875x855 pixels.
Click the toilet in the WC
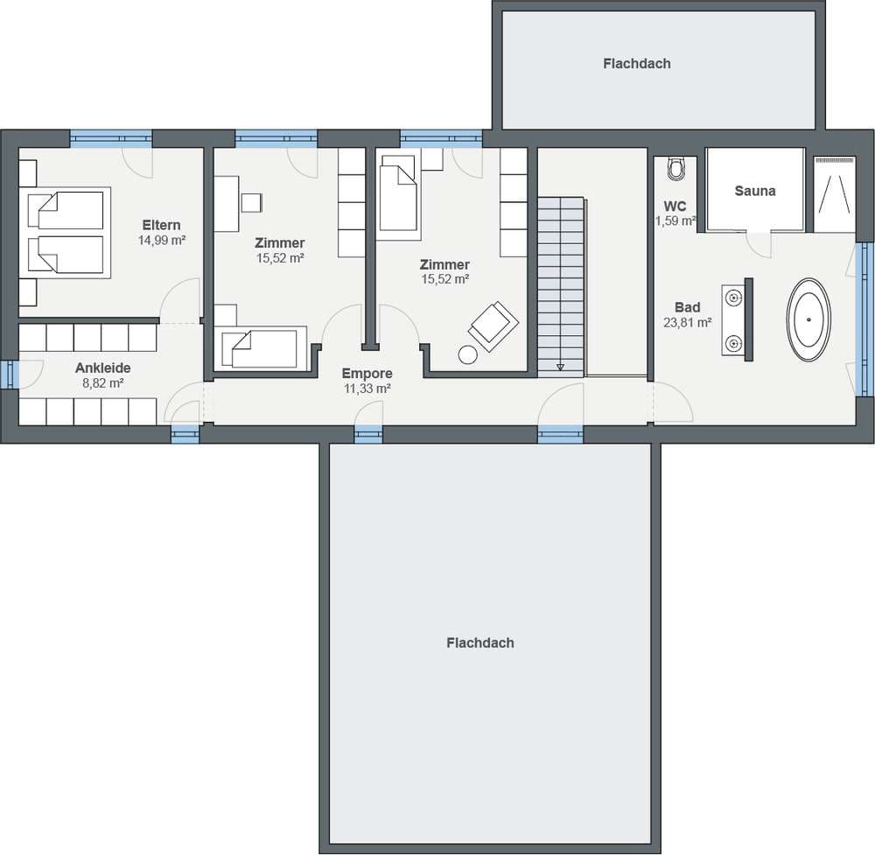(x=675, y=169)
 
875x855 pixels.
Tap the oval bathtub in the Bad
(x=808, y=319)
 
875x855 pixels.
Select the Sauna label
(x=755, y=191)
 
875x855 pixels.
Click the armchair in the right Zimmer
(x=493, y=326)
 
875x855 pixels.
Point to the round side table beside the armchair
(x=467, y=355)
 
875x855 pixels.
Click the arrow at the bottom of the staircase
(x=560, y=367)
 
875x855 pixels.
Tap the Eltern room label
(x=161, y=225)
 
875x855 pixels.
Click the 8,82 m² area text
(x=102, y=383)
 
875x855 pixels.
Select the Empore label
(x=367, y=374)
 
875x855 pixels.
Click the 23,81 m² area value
(x=688, y=323)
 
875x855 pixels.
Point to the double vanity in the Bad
(x=737, y=319)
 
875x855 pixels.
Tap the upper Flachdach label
(x=637, y=64)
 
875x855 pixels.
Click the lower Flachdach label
(x=479, y=643)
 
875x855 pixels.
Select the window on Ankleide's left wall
(x=10, y=375)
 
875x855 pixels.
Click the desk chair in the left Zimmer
(x=252, y=202)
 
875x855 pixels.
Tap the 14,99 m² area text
(x=162, y=241)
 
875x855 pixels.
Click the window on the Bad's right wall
(x=864, y=319)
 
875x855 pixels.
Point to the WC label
(x=675, y=207)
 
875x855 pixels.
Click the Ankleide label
(x=102, y=368)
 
